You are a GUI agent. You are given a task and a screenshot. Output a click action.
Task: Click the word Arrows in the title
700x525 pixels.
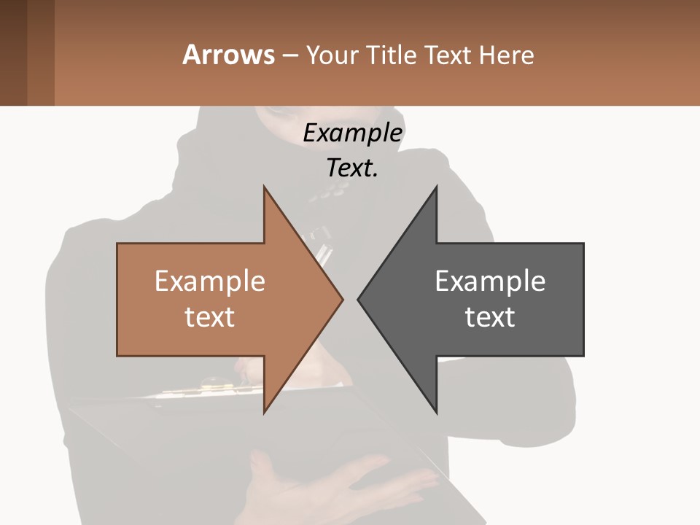(x=228, y=55)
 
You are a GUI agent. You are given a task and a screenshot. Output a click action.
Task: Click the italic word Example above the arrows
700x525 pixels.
(x=352, y=133)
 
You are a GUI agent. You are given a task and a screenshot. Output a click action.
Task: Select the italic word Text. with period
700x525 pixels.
(x=352, y=168)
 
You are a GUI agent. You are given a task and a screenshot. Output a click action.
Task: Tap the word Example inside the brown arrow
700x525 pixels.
(x=209, y=281)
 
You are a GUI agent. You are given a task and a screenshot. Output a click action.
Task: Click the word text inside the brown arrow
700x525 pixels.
(x=209, y=317)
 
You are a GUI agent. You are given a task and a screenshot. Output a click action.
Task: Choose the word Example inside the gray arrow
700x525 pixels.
(x=490, y=281)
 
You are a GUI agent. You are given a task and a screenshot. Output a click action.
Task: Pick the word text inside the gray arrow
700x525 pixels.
(x=490, y=317)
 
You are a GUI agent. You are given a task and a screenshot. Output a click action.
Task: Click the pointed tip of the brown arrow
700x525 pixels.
(x=341, y=299)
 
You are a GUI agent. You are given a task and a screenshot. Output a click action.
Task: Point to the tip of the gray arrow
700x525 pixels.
(x=359, y=299)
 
